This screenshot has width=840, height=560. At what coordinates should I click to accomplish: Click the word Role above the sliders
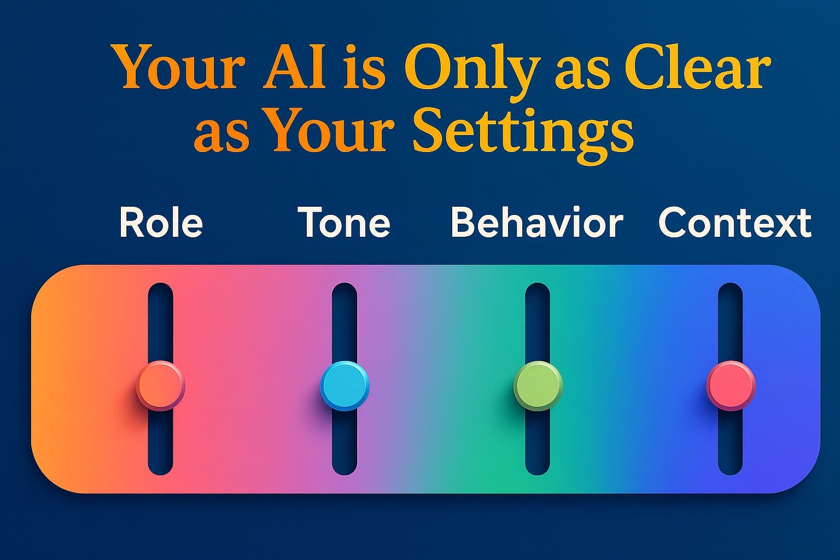pyautogui.click(x=161, y=223)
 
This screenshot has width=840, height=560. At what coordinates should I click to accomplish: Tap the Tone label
pyautogui.click(x=344, y=223)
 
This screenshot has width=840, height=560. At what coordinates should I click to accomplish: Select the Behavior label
pyautogui.click(x=537, y=222)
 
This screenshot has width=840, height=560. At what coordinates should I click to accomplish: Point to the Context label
pyautogui.click(x=735, y=223)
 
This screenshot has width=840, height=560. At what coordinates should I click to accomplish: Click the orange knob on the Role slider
pyautogui.click(x=160, y=385)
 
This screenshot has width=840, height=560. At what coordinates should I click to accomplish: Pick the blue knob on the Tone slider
pyautogui.click(x=345, y=385)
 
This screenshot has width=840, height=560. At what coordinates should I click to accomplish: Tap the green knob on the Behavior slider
pyautogui.click(x=538, y=385)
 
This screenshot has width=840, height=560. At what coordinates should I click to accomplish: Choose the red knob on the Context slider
pyautogui.click(x=731, y=385)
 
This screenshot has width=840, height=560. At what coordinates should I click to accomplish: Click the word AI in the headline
pyautogui.click(x=294, y=67)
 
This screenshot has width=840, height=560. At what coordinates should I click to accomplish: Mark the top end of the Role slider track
pyautogui.click(x=160, y=284)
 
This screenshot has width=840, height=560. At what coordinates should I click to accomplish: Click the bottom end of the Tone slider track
pyautogui.click(x=344, y=474)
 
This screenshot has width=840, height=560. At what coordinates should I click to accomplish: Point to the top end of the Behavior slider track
pyautogui.click(x=538, y=284)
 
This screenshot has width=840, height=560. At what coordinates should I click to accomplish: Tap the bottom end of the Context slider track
pyautogui.click(x=731, y=474)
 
